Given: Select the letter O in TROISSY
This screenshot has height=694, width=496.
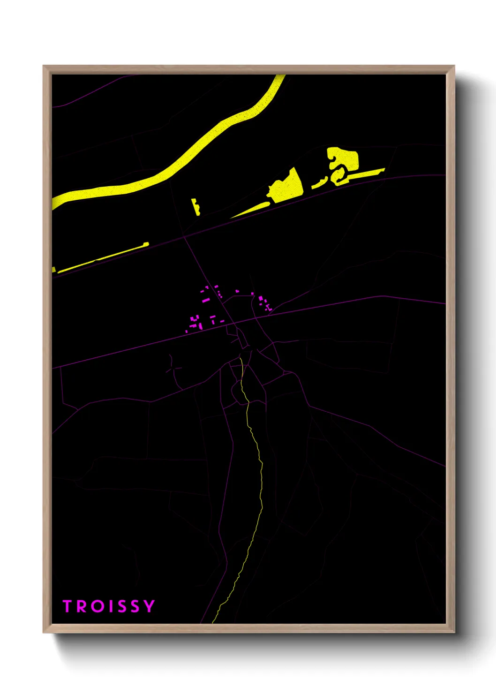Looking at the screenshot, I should click(x=97, y=606).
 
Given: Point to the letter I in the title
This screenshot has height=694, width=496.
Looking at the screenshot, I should click(x=110, y=606).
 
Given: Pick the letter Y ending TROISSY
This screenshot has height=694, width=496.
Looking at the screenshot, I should click(x=149, y=606).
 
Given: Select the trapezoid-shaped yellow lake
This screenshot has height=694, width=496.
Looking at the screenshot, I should click(x=288, y=187).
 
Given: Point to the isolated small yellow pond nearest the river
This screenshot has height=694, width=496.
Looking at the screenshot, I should click(x=195, y=206).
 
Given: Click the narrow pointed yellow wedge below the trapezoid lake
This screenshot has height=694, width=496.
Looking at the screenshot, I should click(x=251, y=211).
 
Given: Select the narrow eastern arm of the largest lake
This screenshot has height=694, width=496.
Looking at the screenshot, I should click(x=366, y=173).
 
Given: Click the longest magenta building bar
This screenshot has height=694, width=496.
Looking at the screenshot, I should click(x=205, y=299).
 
